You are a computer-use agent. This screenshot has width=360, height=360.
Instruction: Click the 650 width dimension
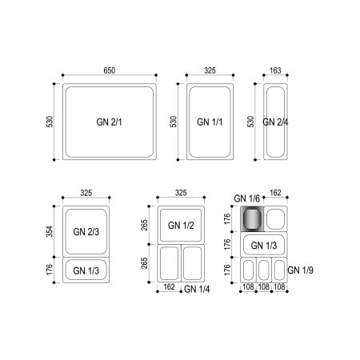point(110,70)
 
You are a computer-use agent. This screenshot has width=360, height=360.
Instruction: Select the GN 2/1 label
point(109,122)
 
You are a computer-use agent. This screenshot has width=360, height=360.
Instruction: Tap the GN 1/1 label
point(210,122)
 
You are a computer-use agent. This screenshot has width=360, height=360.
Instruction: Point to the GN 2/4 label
point(275,122)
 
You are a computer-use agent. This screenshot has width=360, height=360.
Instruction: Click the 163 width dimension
point(275,70)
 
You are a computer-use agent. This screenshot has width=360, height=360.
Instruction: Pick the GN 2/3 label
point(86,232)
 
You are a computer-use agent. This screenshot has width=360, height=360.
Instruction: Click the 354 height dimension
point(50,231)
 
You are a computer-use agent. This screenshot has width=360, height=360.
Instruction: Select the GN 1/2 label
point(181,226)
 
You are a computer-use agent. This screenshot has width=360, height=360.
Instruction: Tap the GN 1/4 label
point(197,289)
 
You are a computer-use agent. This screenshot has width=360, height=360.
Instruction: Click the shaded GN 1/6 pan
point(252,218)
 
